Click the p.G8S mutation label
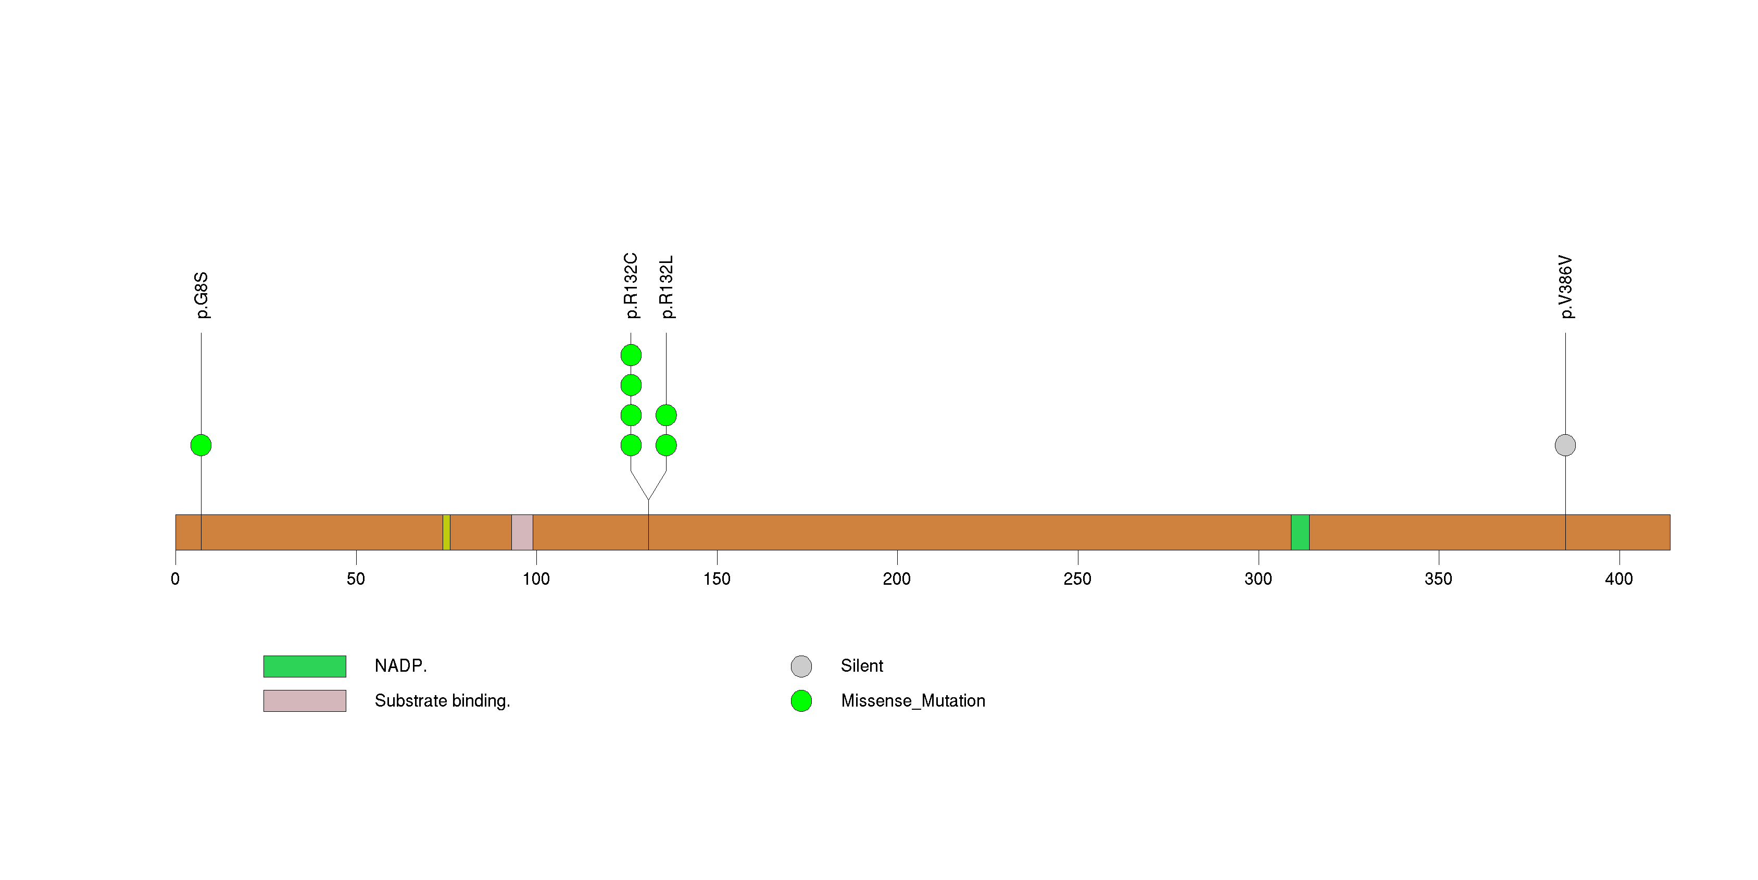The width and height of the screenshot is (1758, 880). click(x=202, y=295)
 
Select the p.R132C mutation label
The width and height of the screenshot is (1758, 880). click(x=631, y=286)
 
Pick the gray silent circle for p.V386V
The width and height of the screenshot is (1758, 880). click(x=1565, y=445)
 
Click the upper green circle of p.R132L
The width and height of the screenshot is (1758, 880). click(x=666, y=415)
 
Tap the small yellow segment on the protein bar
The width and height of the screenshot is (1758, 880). click(x=446, y=532)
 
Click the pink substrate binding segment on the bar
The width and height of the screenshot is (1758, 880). click(x=522, y=532)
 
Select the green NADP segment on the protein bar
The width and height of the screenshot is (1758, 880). click(x=1300, y=532)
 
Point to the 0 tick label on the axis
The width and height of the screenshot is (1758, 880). click(x=175, y=579)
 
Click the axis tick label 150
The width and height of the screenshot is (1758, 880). click(x=717, y=579)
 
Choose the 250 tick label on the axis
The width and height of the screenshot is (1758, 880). click(x=1077, y=579)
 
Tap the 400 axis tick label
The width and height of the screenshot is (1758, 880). click(x=1619, y=579)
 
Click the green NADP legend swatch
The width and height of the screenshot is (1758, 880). click(x=305, y=667)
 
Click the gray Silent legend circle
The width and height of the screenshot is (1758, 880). click(x=801, y=667)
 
